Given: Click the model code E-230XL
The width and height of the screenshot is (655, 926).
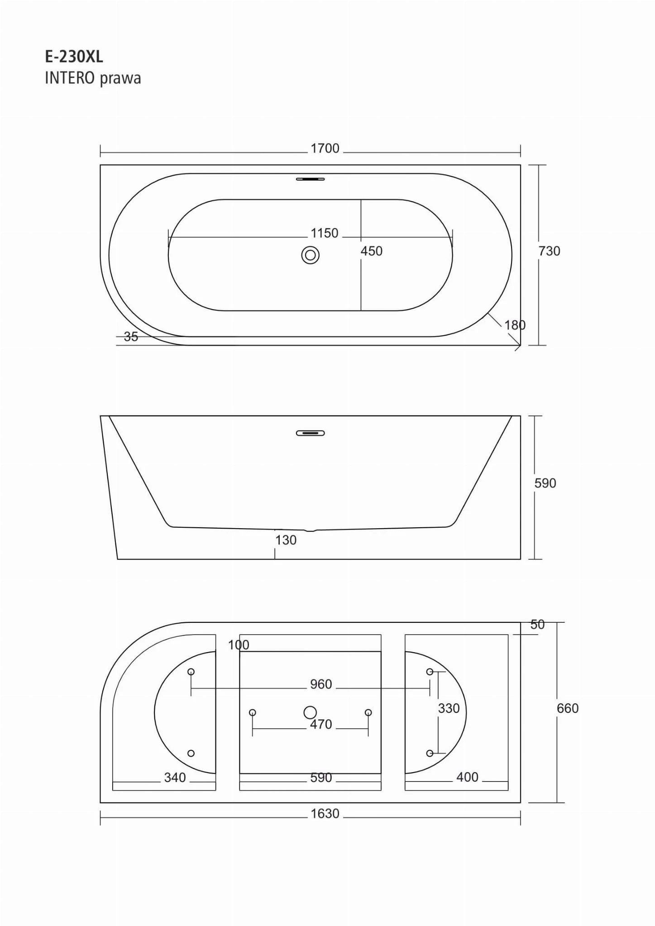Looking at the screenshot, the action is point(74,57).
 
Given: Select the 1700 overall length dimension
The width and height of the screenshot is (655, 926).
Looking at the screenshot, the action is point(325,148).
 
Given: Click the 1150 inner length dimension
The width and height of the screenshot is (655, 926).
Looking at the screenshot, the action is point(324,233).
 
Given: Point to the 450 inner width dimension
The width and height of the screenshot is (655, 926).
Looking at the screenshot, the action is point(372,251).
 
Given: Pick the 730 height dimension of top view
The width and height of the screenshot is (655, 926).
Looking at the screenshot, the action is point(550,251).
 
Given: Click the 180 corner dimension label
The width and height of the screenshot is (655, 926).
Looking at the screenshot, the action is point(515,325).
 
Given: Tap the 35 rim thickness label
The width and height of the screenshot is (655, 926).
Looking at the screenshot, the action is point(131,337).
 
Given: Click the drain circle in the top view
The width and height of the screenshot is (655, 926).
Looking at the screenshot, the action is point(310,255).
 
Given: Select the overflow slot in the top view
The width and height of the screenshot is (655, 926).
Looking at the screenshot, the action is point(311,179).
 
